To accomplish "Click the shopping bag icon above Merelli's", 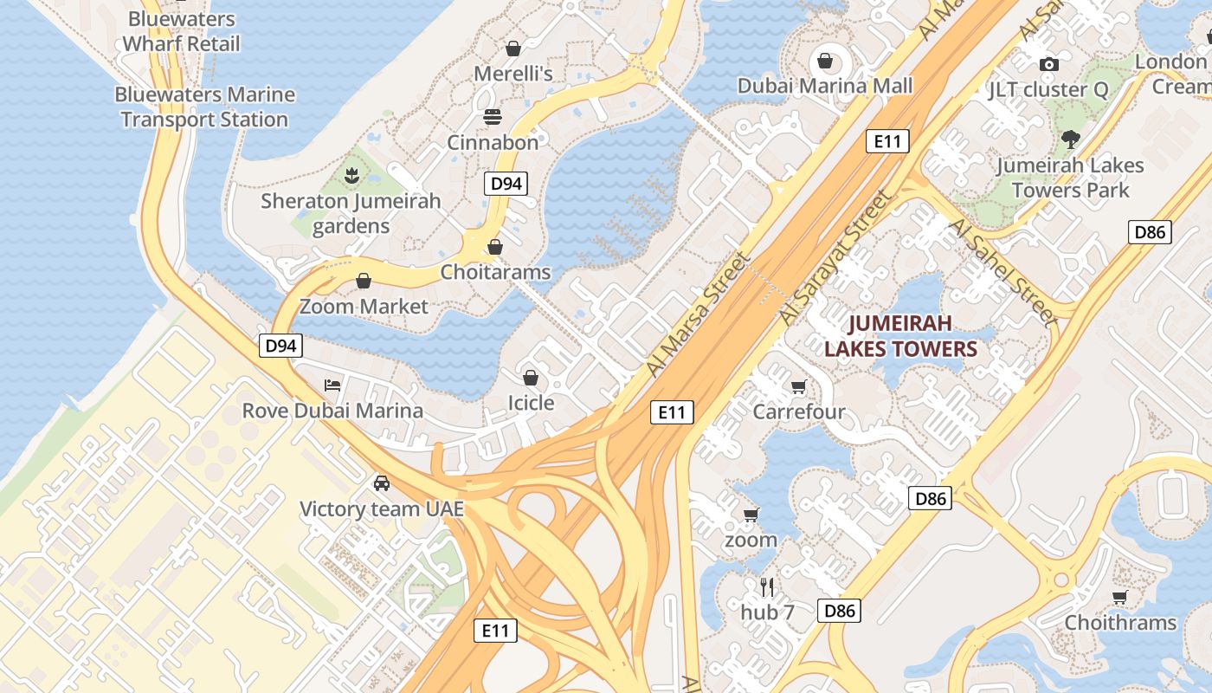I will (513, 49).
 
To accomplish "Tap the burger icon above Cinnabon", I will (493, 117).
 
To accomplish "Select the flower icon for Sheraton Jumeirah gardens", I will (351, 177).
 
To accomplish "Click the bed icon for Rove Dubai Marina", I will (332, 385).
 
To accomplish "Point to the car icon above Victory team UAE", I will (382, 483).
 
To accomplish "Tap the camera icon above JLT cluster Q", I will (1049, 64).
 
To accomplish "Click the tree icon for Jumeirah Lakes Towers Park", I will (1071, 139).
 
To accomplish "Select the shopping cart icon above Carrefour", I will (798, 386).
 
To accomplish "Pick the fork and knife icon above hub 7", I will (767, 586).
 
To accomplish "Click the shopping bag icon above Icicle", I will (531, 378).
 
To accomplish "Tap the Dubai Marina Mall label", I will (825, 86).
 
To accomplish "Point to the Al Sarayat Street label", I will (835, 258).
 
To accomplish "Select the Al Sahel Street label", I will (1004, 270).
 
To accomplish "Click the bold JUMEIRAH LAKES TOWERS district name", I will (900, 336).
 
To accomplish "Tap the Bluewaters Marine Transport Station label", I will (205, 107).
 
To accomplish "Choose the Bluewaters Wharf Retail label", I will (181, 31).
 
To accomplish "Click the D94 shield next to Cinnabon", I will (506, 183).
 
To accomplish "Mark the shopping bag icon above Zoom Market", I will (364, 281).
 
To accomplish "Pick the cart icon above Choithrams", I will (1120, 597).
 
